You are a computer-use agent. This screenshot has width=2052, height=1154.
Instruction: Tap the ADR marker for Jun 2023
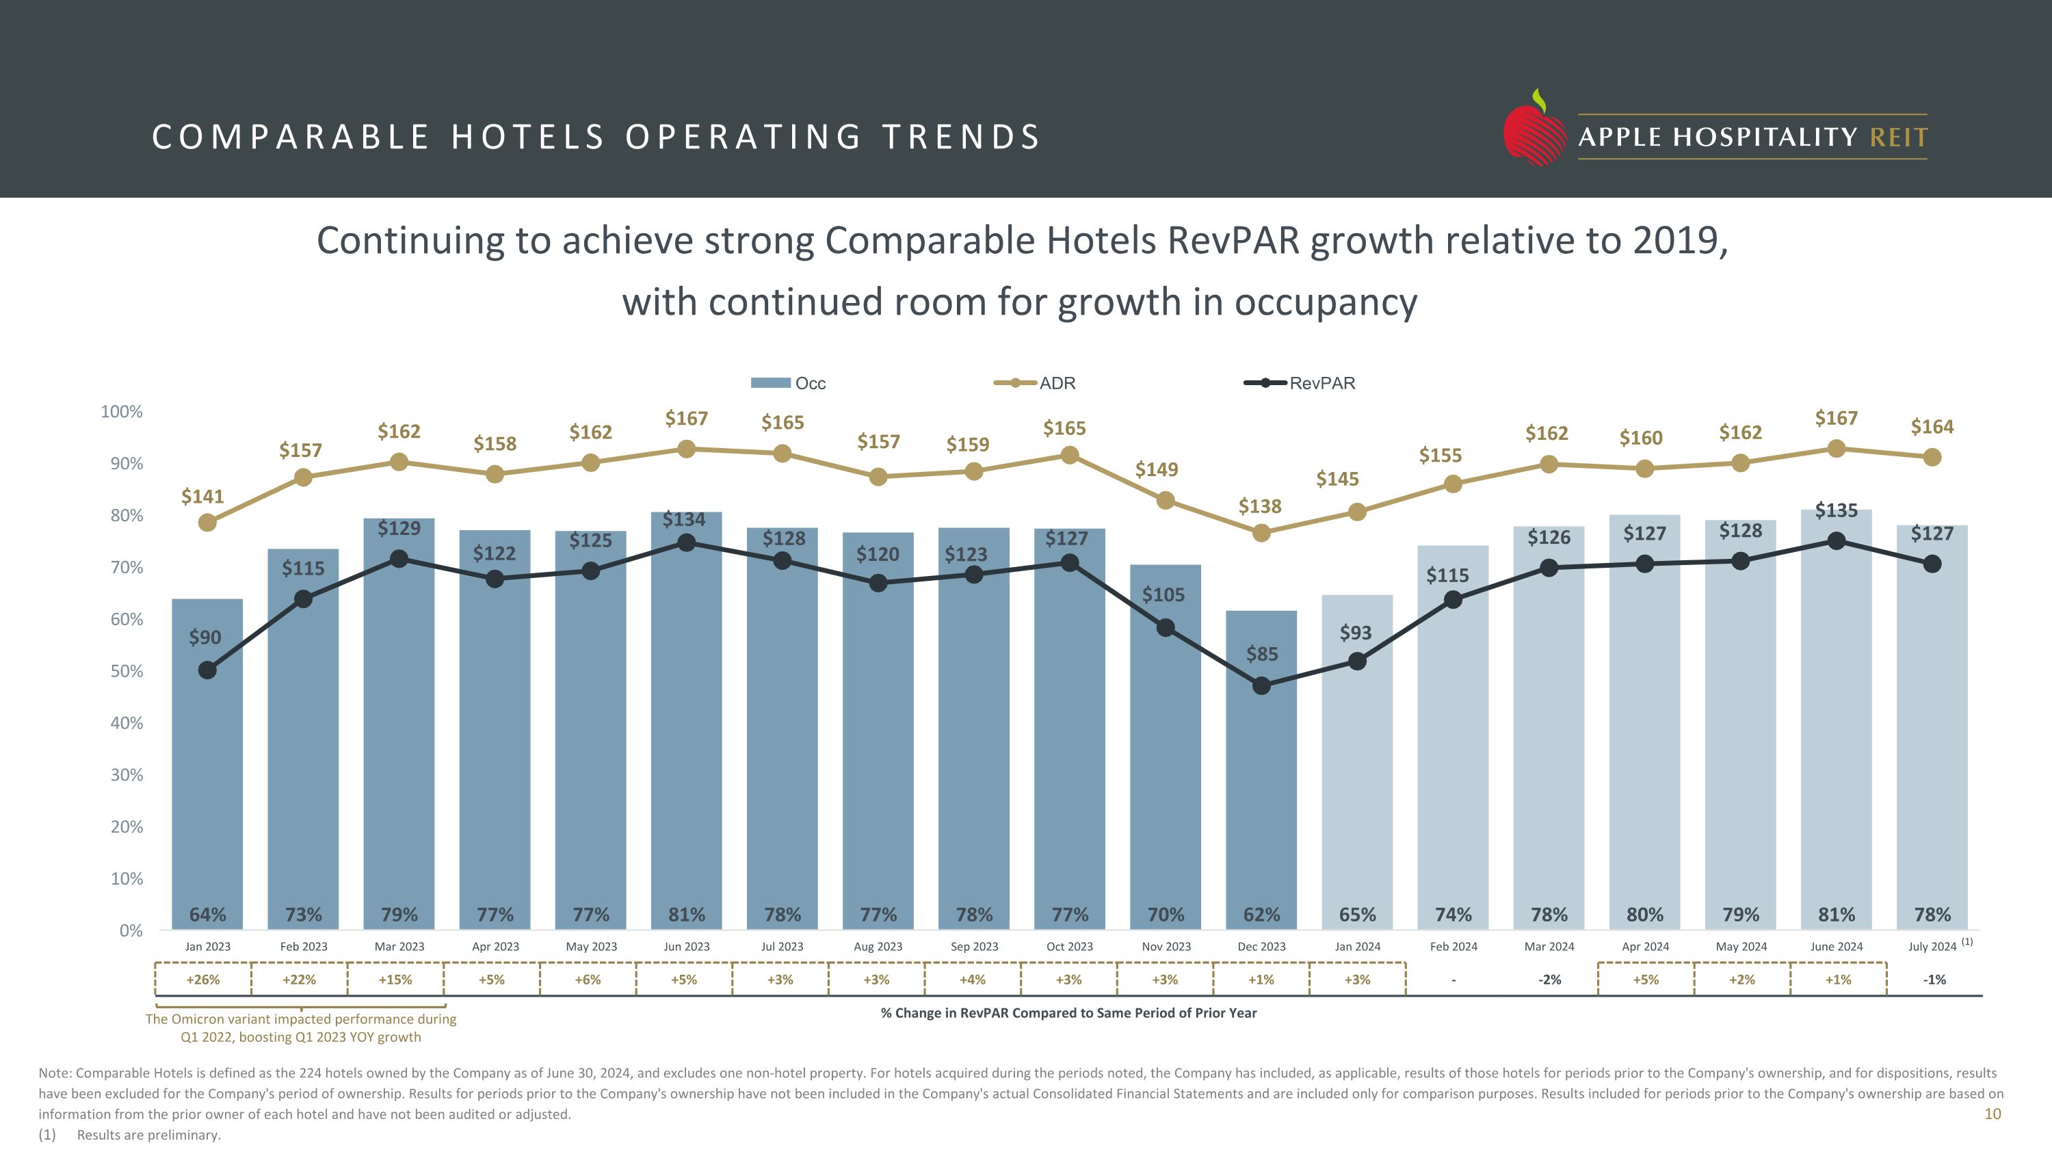(x=686, y=449)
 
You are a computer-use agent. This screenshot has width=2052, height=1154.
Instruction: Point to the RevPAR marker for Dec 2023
(x=1261, y=685)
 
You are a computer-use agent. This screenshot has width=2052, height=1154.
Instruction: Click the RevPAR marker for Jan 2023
(x=207, y=670)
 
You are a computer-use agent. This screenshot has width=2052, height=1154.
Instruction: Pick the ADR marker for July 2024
(x=1932, y=457)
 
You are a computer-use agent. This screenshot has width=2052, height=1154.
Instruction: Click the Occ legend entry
(x=789, y=383)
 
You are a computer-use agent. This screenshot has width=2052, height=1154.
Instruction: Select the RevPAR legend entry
(x=1300, y=383)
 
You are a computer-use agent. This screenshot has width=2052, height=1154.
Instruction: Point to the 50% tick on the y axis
(x=127, y=671)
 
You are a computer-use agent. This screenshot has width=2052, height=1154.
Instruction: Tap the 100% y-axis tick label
(x=122, y=412)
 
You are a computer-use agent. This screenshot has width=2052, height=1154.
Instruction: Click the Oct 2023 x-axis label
(x=1069, y=947)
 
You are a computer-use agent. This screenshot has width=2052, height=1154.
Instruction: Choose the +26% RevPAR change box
(x=203, y=980)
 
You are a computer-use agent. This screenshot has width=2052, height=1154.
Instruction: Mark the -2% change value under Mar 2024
(x=1549, y=980)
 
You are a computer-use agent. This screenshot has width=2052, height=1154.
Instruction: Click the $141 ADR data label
(x=202, y=497)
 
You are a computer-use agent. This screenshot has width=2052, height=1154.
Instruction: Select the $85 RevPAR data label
(x=1262, y=655)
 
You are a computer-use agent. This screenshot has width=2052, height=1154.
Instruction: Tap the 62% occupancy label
(x=1262, y=915)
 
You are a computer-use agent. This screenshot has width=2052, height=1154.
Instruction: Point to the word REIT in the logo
(x=1899, y=137)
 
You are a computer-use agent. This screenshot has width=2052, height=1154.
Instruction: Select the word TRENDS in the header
(x=962, y=137)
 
